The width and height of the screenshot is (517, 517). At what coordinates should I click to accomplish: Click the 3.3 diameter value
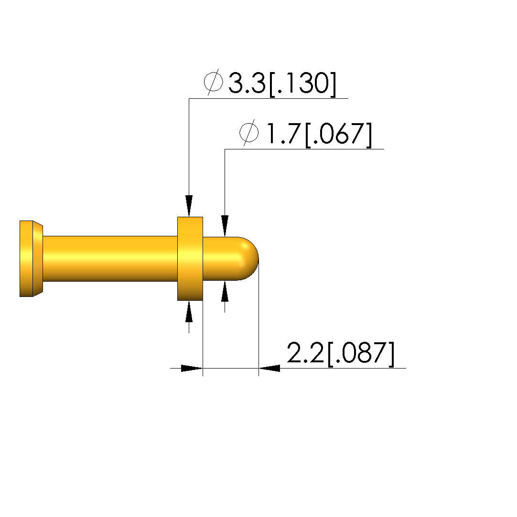(247, 83)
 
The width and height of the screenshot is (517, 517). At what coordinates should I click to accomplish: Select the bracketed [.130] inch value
(303, 84)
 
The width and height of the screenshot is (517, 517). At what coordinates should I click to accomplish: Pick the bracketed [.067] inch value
(339, 135)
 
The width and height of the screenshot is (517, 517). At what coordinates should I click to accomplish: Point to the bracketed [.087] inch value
(361, 354)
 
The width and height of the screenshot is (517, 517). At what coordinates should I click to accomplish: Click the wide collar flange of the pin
(190, 259)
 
